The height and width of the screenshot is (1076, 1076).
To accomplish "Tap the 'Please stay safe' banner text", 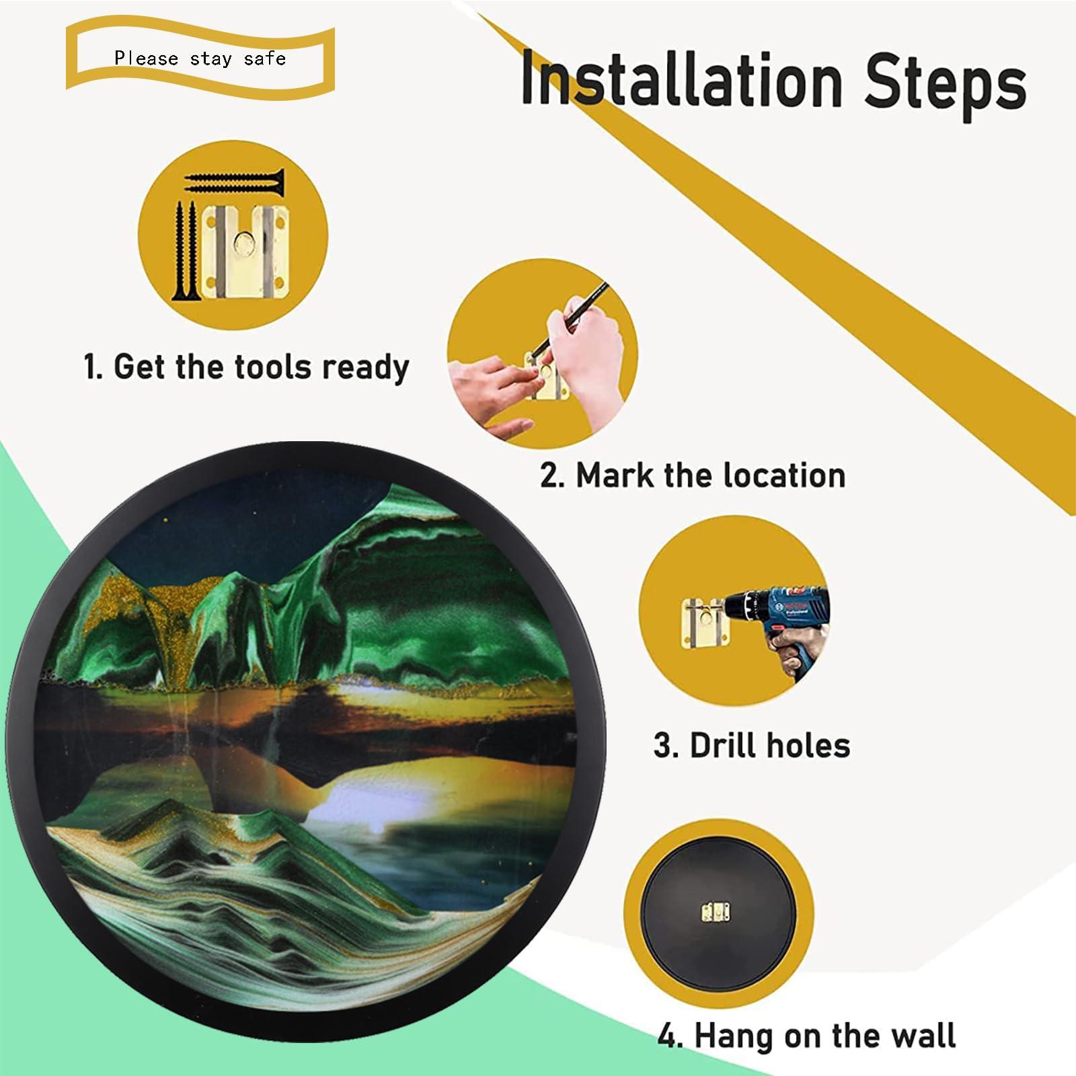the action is click(200, 59).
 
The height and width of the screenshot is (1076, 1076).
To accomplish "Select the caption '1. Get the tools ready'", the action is click(247, 367).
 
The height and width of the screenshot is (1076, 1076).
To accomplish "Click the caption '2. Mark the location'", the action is click(693, 475).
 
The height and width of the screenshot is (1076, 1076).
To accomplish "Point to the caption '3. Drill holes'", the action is click(752, 746).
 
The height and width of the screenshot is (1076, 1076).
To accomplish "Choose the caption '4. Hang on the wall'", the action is click(806, 1034).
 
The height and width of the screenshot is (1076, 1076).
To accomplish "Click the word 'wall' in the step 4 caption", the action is click(922, 1034).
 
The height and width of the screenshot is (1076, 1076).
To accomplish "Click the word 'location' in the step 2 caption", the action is click(784, 475).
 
